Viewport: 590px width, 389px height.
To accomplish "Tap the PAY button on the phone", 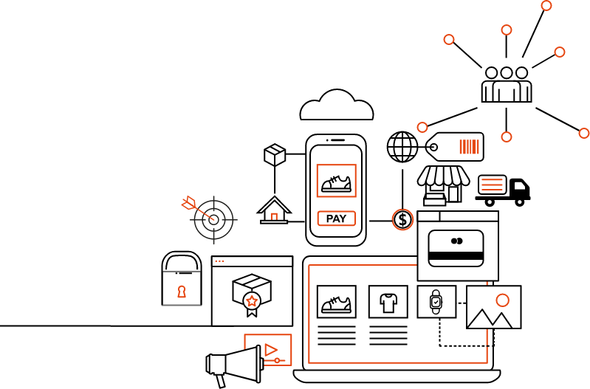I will tap(336, 218).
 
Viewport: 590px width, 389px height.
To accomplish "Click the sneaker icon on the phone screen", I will tap(336, 182).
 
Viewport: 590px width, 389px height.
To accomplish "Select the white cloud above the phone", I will tap(337, 107).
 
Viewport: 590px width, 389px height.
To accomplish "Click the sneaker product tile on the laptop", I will tap(336, 302).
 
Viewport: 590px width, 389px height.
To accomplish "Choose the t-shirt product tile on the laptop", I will tap(388, 302).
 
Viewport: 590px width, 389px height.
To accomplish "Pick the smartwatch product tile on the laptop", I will tap(436, 301).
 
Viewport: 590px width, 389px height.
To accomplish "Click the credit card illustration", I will tap(456, 249).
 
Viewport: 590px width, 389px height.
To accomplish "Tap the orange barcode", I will tap(469, 147).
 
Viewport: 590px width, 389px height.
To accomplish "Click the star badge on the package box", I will tap(252, 301).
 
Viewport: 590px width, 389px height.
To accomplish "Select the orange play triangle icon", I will tap(270, 349).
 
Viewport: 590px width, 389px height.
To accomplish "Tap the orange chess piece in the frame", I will tap(182, 292).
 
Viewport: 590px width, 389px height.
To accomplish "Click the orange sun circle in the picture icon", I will tap(503, 300).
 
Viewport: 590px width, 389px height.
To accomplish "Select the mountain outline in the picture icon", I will tap(490, 319).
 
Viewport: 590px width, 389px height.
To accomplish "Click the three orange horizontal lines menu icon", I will tap(492, 185).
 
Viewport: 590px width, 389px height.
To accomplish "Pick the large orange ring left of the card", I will tap(402, 219).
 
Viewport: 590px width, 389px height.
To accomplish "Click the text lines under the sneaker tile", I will tap(336, 336).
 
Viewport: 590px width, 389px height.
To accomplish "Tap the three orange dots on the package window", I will tap(219, 261).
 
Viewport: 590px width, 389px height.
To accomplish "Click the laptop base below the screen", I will tap(397, 376).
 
